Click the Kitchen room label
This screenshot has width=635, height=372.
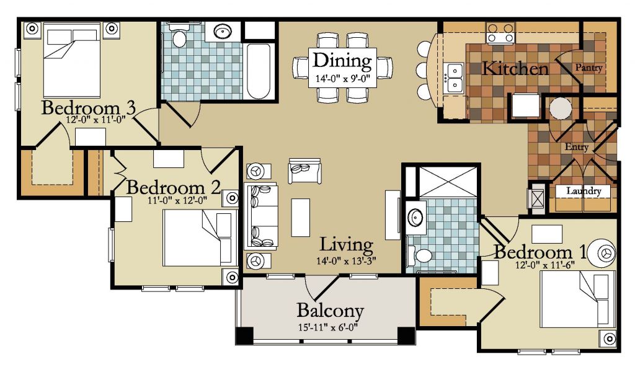pos(515,68)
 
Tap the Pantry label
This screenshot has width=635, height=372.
pos(589,68)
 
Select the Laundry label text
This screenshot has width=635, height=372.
pos(584,191)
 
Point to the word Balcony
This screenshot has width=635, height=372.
pos(330,311)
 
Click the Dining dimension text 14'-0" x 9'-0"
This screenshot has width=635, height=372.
pos(342,79)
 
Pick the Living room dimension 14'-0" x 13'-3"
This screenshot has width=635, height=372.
pos(346,261)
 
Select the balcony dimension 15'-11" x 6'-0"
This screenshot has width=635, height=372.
pos(328,327)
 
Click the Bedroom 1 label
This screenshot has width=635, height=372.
pos(540,252)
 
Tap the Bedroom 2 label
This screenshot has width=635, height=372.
pos(174,188)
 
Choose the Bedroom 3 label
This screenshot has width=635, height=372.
pos(88,108)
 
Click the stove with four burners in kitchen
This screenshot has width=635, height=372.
pos(500,33)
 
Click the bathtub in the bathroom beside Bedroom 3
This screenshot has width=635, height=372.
pos(259,71)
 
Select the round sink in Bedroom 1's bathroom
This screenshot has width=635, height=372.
pos(415,218)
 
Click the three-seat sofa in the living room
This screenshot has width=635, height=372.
pos(261,216)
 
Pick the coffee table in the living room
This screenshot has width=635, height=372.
pos(301,218)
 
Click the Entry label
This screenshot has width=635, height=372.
pos(577,147)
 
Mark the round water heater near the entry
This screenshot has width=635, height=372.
pos(561,108)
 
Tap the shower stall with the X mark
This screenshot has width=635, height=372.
pos(448,181)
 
